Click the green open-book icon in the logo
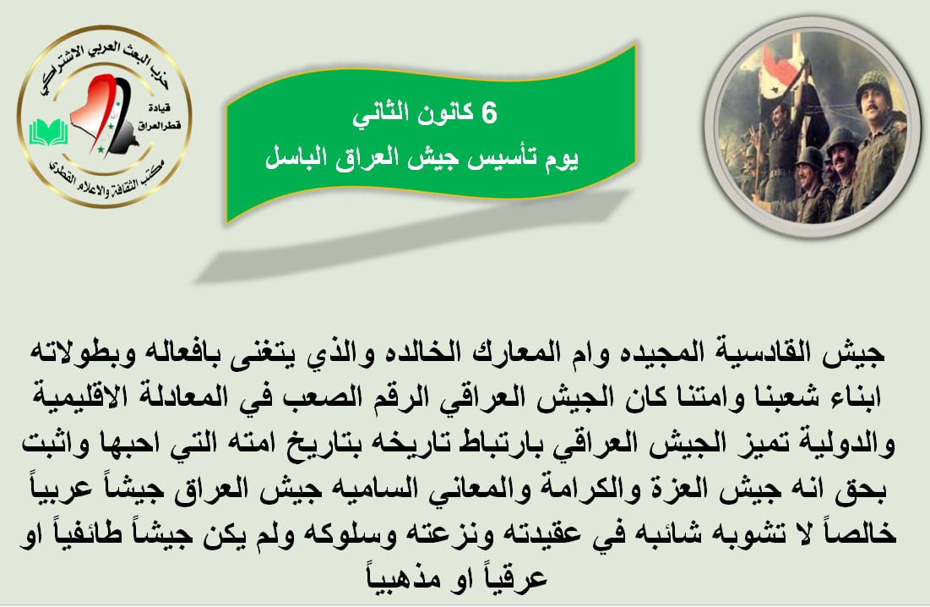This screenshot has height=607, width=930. (x=48, y=132)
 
